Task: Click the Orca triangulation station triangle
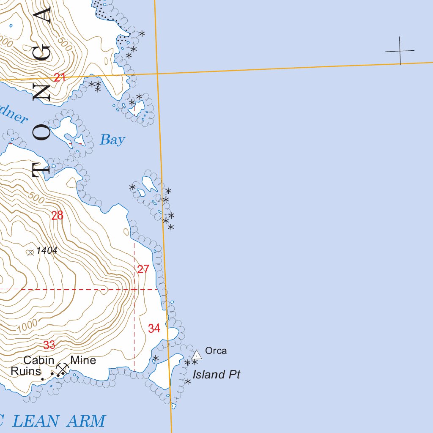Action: [x=197, y=355]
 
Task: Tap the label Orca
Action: [x=216, y=351]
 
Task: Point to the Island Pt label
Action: [x=216, y=375]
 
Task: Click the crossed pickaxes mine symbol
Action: [x=63, y=369]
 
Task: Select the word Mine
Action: [x=83, y=360]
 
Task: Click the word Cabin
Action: [x=38, y=360]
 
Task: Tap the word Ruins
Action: [x=26, y=371]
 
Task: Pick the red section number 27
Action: [x=143, y=269]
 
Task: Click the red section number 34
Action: [x=154, y=328]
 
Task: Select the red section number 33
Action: [x=49, y=345]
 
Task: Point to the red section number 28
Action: [x=57, y=216]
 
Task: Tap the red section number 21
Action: [x=60, y=77]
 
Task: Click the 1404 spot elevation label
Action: [x=47, y=251]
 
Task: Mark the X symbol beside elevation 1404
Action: [x=30, y=252]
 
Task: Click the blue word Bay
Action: [x=112, y=140]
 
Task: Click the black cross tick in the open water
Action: [x=400, y=51]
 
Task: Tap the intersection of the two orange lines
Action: [x=157, y=74]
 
